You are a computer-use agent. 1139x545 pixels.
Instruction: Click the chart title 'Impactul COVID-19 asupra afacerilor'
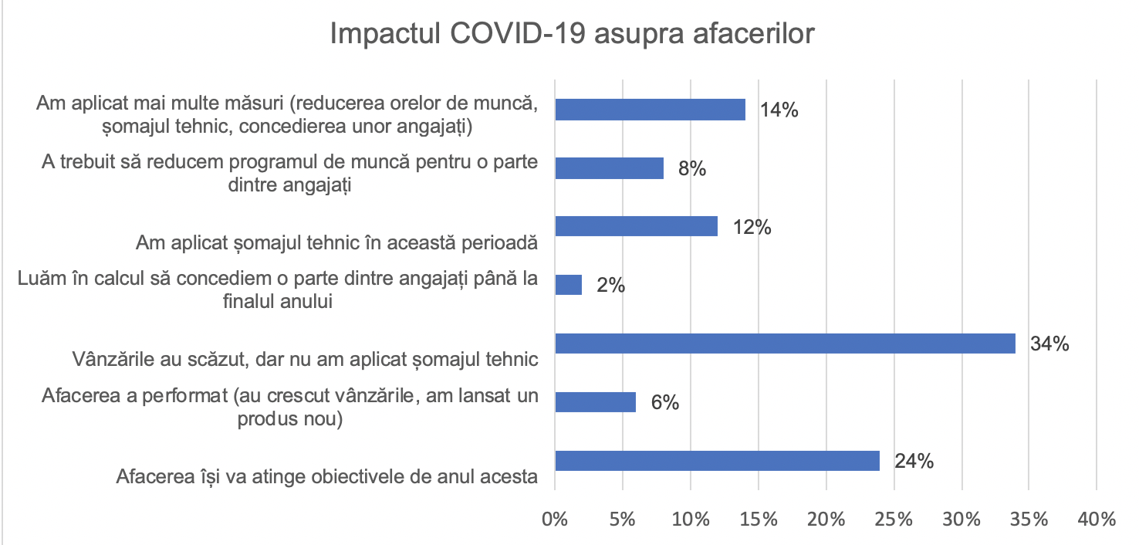571,35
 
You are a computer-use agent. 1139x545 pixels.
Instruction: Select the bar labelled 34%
785,343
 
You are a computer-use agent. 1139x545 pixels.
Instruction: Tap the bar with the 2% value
569,285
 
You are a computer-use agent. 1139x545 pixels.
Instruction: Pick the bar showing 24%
717,461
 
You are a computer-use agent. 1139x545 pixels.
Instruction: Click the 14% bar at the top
650,110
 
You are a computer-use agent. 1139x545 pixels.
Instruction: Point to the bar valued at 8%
609,168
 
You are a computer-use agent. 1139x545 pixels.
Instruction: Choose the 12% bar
636,226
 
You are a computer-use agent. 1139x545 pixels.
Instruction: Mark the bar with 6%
596,402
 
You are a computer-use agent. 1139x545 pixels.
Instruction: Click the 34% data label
1049,344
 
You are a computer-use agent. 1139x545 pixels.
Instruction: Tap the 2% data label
610,286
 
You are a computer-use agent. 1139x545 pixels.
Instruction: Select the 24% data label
914,462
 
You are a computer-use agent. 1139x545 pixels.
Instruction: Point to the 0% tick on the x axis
556,517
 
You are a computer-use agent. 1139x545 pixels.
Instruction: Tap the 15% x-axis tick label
759,517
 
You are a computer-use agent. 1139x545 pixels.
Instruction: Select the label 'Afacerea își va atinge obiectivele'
326,476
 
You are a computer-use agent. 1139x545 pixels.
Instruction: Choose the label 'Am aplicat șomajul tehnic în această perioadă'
336,242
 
